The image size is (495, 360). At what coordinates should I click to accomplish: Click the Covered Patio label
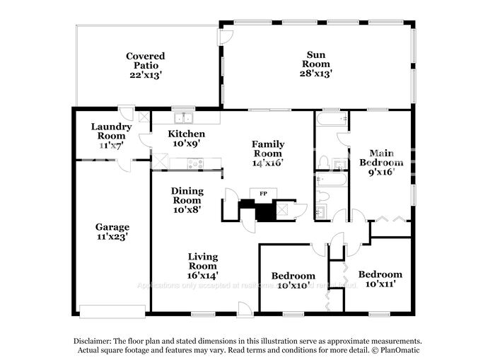tap(145, 61)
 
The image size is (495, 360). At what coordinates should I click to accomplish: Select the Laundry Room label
tap(111, 132)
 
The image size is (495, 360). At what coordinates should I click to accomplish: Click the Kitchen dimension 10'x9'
tap(187, 144)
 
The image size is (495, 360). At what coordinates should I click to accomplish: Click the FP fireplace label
tap(263, 192)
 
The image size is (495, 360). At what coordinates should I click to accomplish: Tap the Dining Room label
tap(187, 195)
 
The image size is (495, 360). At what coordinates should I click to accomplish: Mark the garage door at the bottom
tap(112, 310)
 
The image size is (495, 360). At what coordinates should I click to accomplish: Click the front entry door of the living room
tap(245, 309)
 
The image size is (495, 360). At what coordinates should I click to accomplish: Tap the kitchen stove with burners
tap(195, 164)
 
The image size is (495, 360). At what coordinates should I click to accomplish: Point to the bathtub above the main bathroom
tap(331, 120)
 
